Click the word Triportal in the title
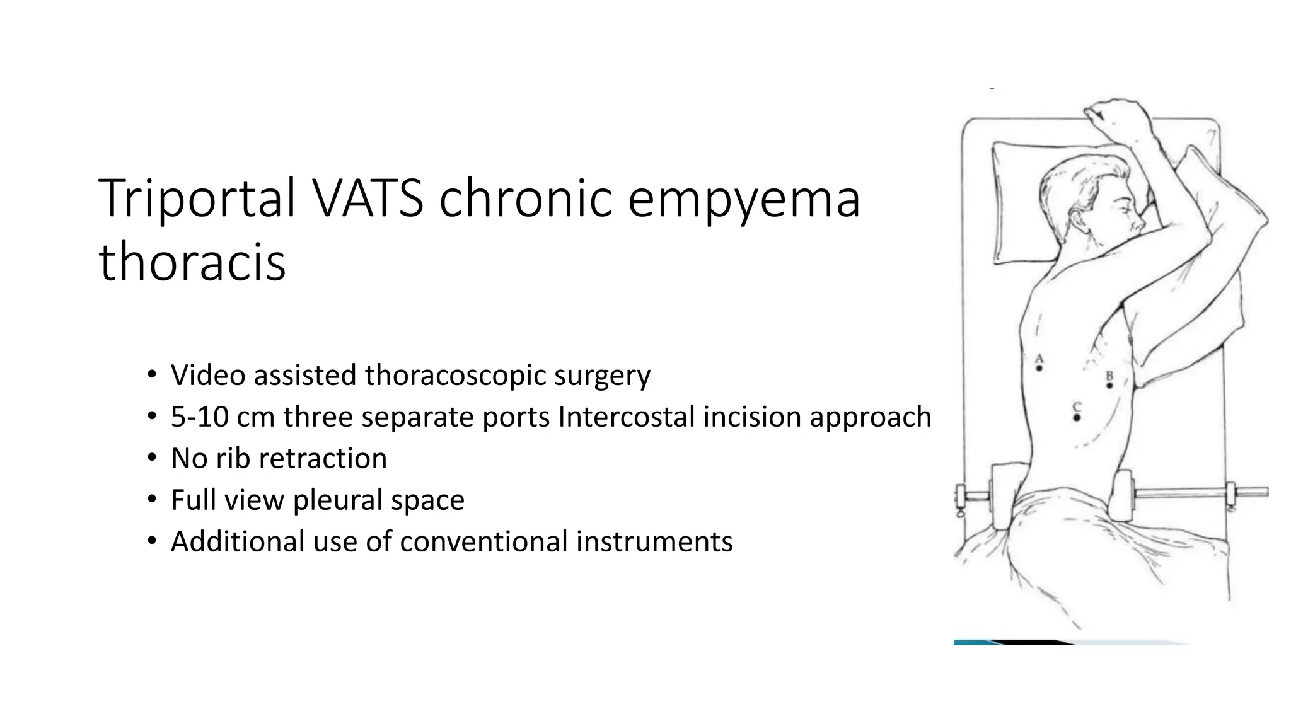pyautogui.click(x=197, y=199)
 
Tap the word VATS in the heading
pyautogui.click(x=368, y=199)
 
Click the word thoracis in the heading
pyautogui.click(x=192, y=262)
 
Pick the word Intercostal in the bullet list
pyautogui.click(x=626, y=417)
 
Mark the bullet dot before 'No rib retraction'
pyautogui.click(x=151, y=458)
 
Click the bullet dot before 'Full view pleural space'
pyautogui.click(x=151, y=499)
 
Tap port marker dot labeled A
pyautogui.click(x=1039, y=368)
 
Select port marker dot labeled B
pyautogui.click(x=1109, y=385)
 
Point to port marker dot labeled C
pyautogui.click(x=1077, y=417)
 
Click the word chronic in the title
pyautogui.click(x=525, y=199)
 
